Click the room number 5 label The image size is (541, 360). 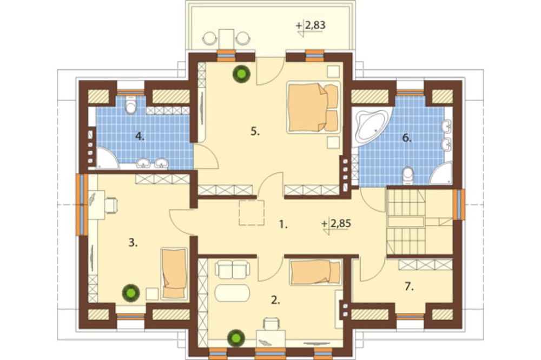pos(255,131)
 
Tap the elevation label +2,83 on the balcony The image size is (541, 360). pos(311,26)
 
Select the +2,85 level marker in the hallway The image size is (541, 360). pos(336,224)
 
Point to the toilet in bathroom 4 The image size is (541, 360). pos(130,105)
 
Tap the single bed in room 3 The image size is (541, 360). pos(174,273)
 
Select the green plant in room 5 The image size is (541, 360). pos(241,74)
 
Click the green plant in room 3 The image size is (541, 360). pos(131,293)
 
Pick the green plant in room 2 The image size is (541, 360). pos(236,338)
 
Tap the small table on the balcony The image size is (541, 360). pos(226,38)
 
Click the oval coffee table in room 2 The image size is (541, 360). pos(232,294)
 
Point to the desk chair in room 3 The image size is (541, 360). pos(111,205)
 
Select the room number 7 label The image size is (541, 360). pos(409,286)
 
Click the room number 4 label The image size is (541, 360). pos(140,137)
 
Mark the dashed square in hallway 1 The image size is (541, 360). pos(252,213)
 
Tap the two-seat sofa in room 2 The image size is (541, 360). pos(232,270)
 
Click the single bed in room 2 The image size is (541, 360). pos(316,272)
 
